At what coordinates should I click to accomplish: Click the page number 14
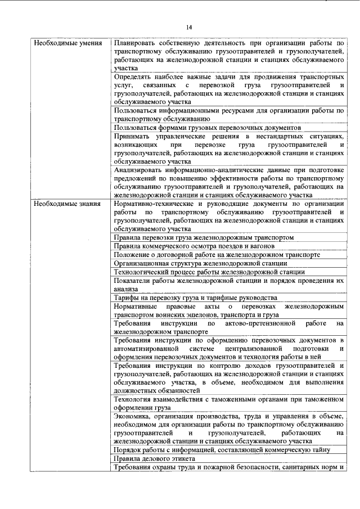click(189, 27)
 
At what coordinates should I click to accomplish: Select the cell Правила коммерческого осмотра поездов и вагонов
click(193, 246)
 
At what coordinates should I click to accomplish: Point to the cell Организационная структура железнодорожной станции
click(200, 263)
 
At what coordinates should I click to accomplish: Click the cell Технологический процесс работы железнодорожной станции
click(205, 272)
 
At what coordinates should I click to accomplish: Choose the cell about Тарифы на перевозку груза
click(195, 298)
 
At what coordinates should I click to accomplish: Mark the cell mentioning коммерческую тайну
click(221, 450)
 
